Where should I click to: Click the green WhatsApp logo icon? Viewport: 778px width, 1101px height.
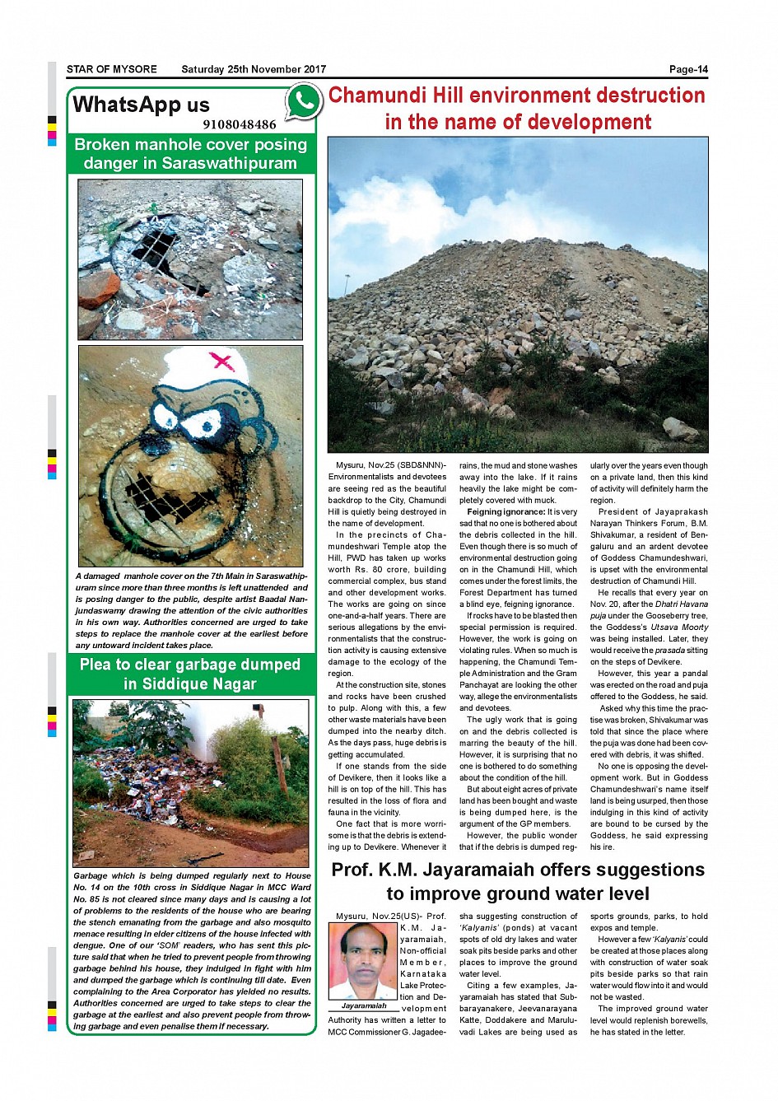pos(304,102)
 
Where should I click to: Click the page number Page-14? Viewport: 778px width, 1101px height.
pos(688,70)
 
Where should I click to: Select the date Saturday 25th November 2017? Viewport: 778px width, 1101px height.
pos(254,70)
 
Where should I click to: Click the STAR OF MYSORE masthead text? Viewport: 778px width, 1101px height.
pos(112,70)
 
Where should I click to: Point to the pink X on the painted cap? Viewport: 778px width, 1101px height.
pos(221,360)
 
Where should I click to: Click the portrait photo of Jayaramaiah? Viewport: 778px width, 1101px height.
pos(363,961)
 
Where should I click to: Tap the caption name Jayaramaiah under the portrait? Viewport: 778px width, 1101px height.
pos(363,1006)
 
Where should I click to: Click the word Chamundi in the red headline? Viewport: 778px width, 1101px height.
pos(375,96)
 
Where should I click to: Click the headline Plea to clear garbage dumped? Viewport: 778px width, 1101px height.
pos(190,665)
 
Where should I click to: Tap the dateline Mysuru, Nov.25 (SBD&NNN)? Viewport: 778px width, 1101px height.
pos(387,466)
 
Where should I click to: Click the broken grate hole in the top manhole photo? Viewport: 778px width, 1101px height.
pos(156,244)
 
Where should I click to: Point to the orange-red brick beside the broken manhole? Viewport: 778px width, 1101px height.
pos(99,290)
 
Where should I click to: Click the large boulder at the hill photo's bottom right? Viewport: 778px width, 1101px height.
pos(680,429)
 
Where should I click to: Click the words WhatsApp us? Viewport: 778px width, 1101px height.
pos(141,105)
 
